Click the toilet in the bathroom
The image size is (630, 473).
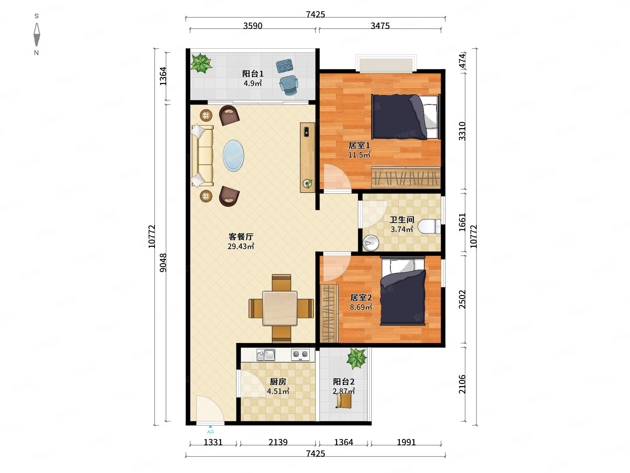[x=429, y=226]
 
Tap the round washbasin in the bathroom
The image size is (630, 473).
[x=371, y=243]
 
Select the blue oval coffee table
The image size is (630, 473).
[x=233, y=156]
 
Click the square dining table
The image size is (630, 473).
[x=280, y=308]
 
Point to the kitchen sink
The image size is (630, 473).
[x=266, y=355]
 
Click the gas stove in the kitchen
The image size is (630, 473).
[x=301, y=355]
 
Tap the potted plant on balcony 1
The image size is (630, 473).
[x=201, y=63]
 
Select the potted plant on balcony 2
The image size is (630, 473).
[x=356, y=359]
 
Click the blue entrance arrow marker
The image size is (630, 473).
[x=210, y=427]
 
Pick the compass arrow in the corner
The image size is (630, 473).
[x=37, y=34]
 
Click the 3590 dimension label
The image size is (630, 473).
[x=253, y=26]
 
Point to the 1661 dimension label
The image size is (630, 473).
[x=462, y=222]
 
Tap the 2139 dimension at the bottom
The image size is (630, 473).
[x=278, y=442]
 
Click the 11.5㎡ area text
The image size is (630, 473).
[x=359, y=155]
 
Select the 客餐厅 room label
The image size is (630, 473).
[x=241, y=236]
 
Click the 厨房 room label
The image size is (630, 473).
[x=278, y=382]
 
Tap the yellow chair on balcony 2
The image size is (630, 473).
[x=344, y=401]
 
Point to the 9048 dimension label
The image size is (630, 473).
[x=163, y=262]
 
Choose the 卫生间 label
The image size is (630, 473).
[x=402, y=220]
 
